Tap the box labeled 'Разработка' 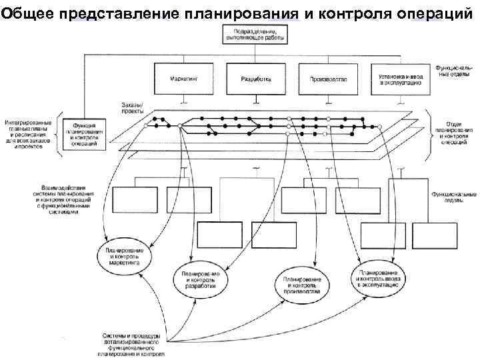point(257,79)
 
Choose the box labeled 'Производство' point(328,79)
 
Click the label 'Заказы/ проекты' point(133,108)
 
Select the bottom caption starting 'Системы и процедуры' point(130,343)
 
